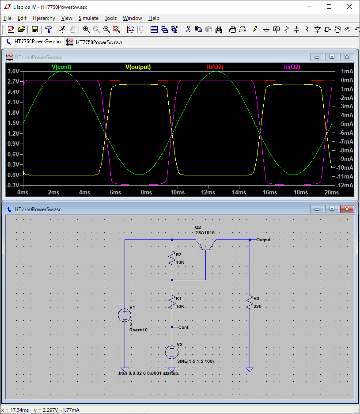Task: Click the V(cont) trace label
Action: tap(61, 67)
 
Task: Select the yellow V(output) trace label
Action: tap(138, 67)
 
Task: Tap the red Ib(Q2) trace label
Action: tap(215, 67)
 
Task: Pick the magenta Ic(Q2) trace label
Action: tap(292, 67)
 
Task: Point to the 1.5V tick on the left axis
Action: tap(13, 123)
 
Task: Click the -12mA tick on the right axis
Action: tap(345, 185)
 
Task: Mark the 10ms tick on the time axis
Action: tap(178, 193)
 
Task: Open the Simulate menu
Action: tap(88, 18)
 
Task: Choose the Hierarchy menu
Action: tap(44, 18)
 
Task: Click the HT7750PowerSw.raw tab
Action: tap(95, 42)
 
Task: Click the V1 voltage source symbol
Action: tap(125, 315)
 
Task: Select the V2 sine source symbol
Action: tap(172, 352)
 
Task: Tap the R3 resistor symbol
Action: tap(250, 303)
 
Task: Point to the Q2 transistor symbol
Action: tap(205, 245)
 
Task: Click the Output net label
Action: tap(263, 240)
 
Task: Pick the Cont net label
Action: tap(183, 327)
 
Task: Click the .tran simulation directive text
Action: tap(148, 373)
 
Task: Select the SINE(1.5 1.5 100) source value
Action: tap(196, 361)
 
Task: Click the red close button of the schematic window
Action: tap(347, 209)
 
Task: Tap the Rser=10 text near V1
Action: tap(138, 330)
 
